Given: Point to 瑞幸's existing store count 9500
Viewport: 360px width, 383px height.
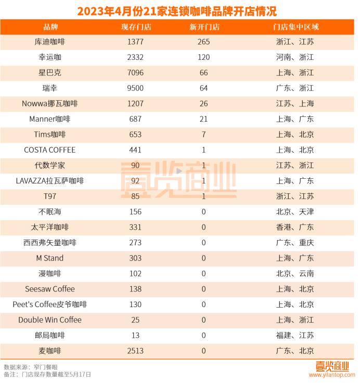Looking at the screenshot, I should pos(134,88).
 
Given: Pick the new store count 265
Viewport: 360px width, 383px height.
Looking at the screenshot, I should pos(203,42).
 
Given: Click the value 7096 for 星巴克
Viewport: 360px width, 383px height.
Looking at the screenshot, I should pos(134,73).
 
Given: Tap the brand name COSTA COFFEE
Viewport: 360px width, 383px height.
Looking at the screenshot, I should pos(50,150).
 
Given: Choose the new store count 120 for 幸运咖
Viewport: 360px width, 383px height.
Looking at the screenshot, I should pos(203,58).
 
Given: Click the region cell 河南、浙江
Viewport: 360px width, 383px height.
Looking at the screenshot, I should pos(295,58).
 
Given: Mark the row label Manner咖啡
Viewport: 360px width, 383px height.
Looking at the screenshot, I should pos(50,119).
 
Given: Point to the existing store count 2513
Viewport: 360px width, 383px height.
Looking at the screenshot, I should pos(134,351).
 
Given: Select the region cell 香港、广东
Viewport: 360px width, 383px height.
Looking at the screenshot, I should pos(295,227).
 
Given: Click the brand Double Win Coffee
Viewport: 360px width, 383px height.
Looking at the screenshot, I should pos(50,320).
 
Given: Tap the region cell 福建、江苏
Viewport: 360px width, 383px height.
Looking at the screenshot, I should pos(295,335).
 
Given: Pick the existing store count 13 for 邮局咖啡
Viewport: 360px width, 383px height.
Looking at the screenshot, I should pos(134,335).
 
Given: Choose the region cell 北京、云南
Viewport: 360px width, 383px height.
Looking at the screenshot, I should pos(295,274).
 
